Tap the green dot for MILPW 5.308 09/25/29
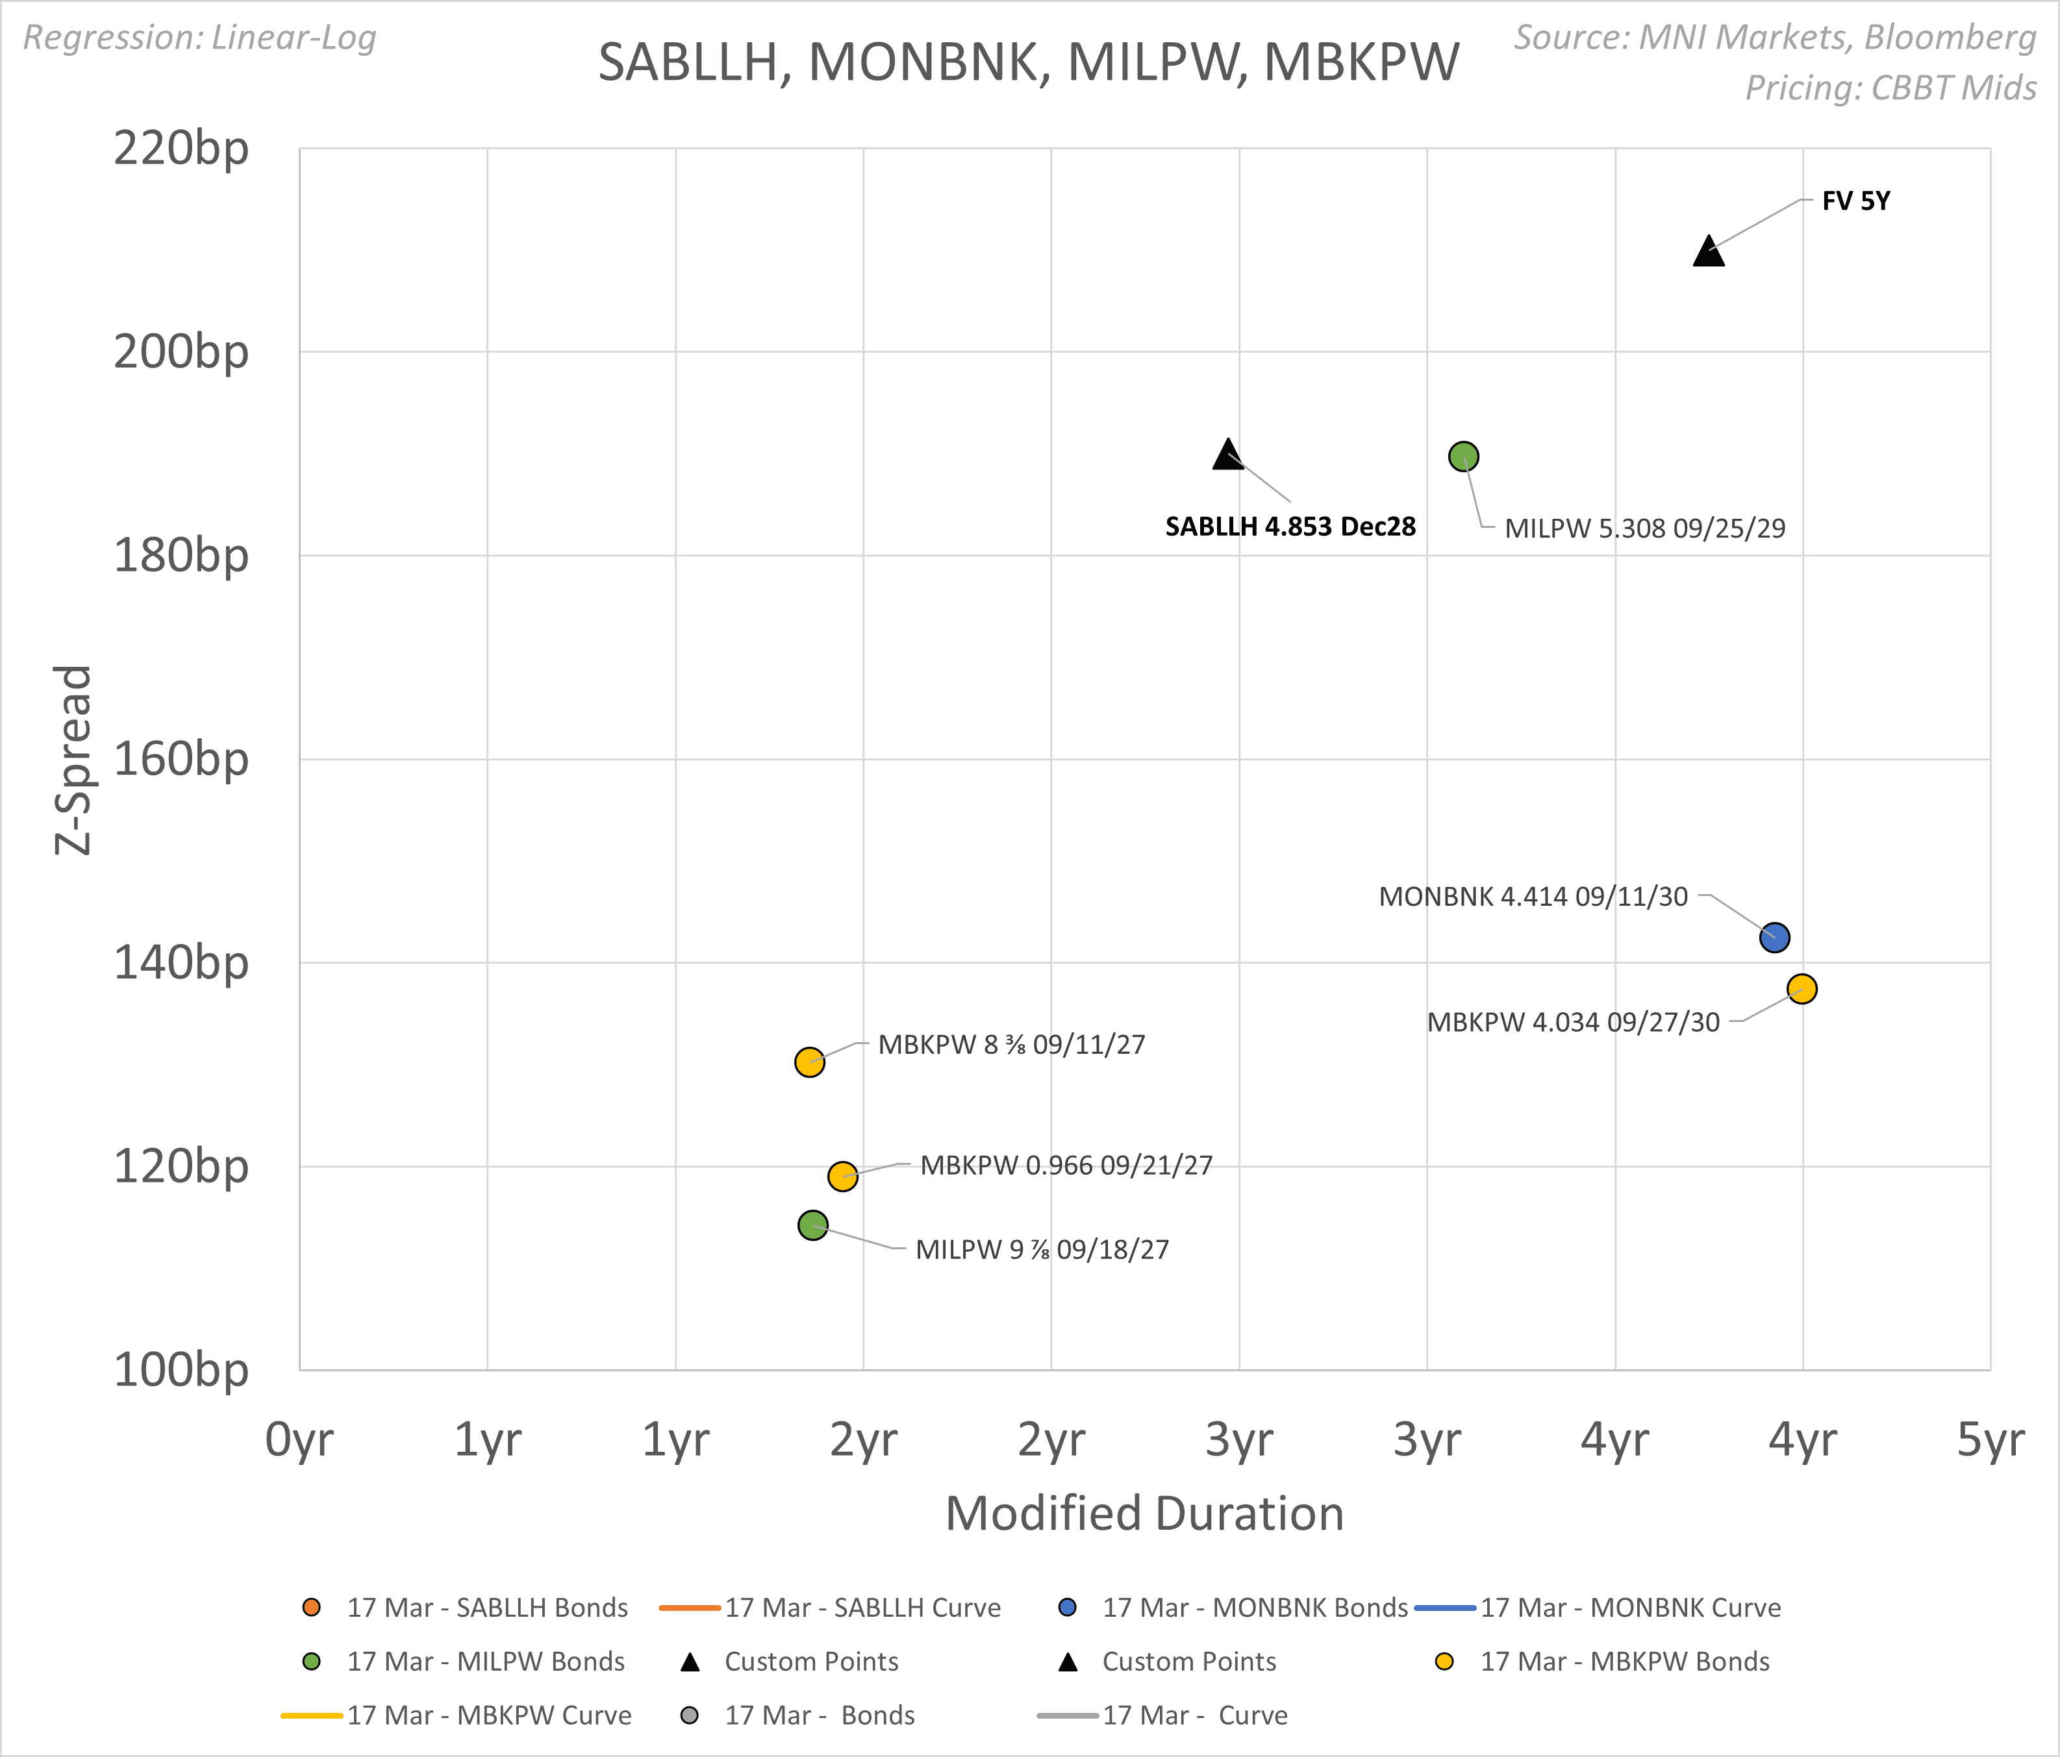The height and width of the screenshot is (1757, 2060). tap(1463, 456)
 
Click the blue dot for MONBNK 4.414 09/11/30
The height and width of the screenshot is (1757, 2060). tap(1775, 937)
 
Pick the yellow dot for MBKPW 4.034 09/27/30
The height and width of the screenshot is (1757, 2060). tap(1802, 989)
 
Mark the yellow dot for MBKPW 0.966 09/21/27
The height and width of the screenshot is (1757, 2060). tap(842, 1177)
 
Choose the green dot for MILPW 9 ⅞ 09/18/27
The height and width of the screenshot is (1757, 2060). tap(813, 1225)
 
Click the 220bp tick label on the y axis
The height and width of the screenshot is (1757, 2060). tap(181, 149)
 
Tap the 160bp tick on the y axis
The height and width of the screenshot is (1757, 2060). tap(181, 759)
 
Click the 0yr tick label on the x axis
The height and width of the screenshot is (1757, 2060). tap(299, 1439)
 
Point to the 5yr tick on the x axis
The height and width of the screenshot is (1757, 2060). tap(1989, 1439)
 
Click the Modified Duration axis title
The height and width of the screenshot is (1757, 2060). tap(1144, 1514)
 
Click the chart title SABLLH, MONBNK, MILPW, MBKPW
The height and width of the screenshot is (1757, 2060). tap(1028, 62)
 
